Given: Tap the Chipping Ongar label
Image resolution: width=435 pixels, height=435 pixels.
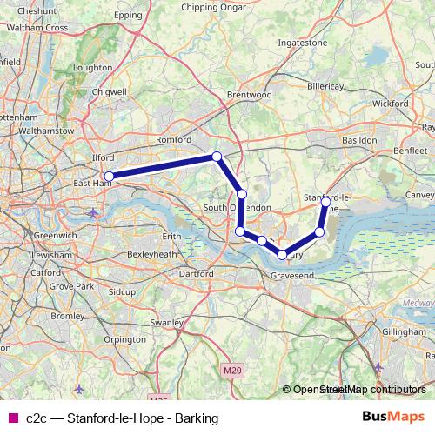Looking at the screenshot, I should click(211, 7).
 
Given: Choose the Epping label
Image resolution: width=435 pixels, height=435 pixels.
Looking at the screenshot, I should click(128, 16).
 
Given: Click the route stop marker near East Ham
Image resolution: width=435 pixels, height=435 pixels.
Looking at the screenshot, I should click(109, 177).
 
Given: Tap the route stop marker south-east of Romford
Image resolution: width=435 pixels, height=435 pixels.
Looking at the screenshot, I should click(217, 157).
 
